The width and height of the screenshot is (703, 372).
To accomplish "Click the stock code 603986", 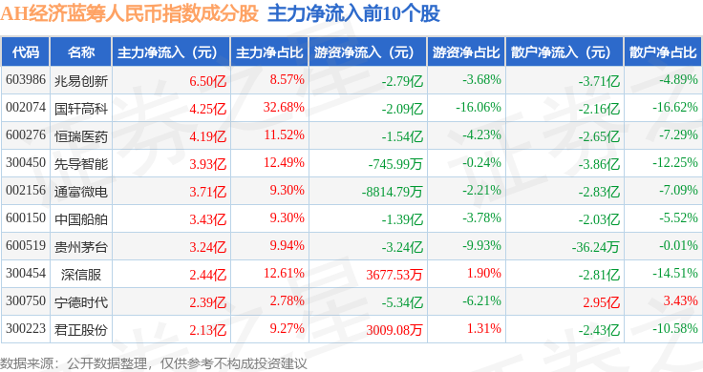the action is tap(26, 80).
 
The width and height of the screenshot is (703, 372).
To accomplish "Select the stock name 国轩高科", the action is tap(81, 109).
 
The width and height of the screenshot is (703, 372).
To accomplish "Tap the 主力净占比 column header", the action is tap(269, 52).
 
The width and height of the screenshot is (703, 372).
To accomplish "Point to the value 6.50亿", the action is tap(207, 81).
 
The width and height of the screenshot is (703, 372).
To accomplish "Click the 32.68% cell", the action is tap(284, 108).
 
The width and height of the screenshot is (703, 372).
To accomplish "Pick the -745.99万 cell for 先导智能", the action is tap(395, 164).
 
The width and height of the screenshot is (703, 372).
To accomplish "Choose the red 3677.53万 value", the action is tap(394, 275).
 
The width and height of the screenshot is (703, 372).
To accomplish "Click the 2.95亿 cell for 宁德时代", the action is tap(601, 302).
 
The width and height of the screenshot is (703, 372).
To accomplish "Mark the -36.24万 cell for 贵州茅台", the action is tap(595, 247).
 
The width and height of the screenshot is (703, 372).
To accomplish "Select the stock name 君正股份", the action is tap(81, 330).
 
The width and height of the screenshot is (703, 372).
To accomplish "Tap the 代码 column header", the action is tap(26, 52).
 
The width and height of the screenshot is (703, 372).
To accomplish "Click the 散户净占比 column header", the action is tap(663, 52).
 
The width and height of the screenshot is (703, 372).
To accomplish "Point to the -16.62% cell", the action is tap(675, 108).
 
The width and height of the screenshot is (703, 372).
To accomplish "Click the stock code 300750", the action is tap(26, 300).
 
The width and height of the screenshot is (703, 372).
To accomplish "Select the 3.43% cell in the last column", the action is tap(681, 300).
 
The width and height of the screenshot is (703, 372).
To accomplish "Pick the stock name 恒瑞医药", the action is tap(81, 136).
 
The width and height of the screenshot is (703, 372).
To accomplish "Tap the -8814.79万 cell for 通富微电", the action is tap(393, 192).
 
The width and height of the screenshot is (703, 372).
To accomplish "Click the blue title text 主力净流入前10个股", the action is tap(353, 14).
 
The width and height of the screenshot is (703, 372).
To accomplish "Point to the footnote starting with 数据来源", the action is tap(154, 363).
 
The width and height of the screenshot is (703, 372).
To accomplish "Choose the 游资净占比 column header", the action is tap(466, 52).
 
